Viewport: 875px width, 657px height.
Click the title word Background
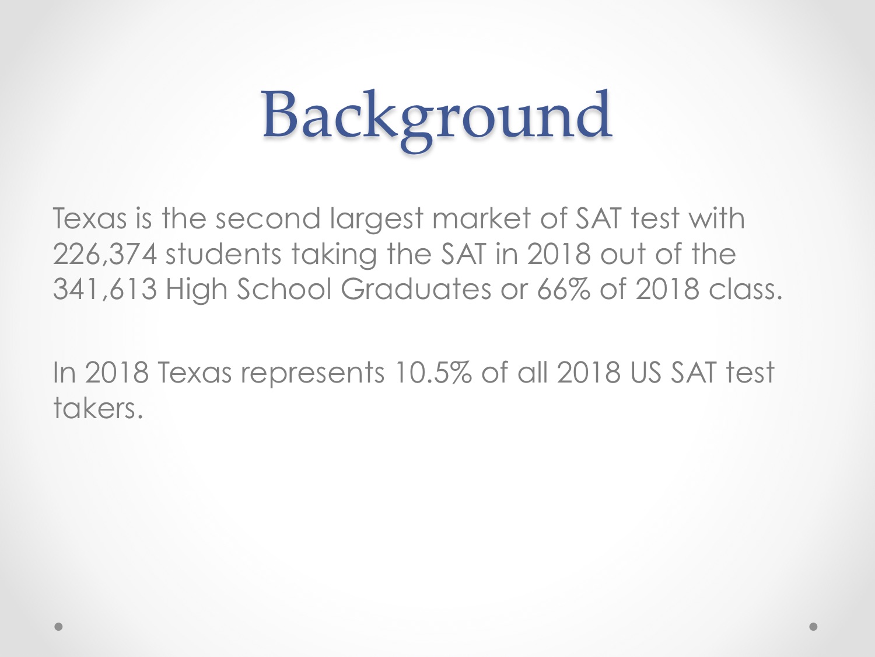pos(436,119)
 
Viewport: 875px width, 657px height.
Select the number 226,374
pos(105,254)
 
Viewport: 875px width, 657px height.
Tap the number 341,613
pos(105,289)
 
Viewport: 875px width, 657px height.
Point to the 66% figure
pos(563,289)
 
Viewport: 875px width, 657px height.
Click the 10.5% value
pos(432,372)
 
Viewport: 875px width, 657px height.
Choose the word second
pos(268,218)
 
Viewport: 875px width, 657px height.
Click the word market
pos(481,218)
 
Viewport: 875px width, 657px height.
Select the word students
pos(223,254)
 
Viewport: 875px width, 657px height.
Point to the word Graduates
pos(415,289)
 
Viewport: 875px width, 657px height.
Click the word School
pos(284,289)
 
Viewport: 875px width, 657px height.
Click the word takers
pos(97,408)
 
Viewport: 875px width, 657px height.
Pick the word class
pos(745,289)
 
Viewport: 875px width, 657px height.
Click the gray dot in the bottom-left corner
pos(58,627)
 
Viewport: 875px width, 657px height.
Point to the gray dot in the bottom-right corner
pos(813,627)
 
